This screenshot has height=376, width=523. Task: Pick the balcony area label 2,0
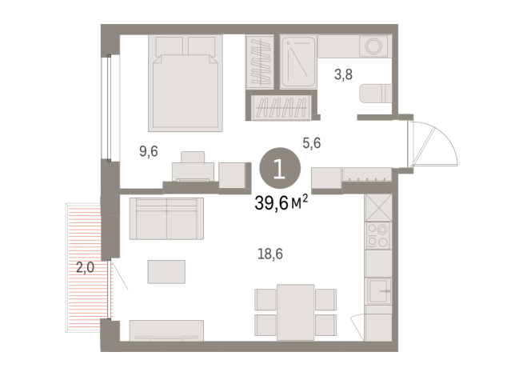85,268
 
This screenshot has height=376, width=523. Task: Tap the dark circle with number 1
280,170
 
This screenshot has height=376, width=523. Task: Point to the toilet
374,94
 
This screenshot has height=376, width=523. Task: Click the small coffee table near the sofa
166,271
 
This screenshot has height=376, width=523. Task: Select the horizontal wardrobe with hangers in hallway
281,106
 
